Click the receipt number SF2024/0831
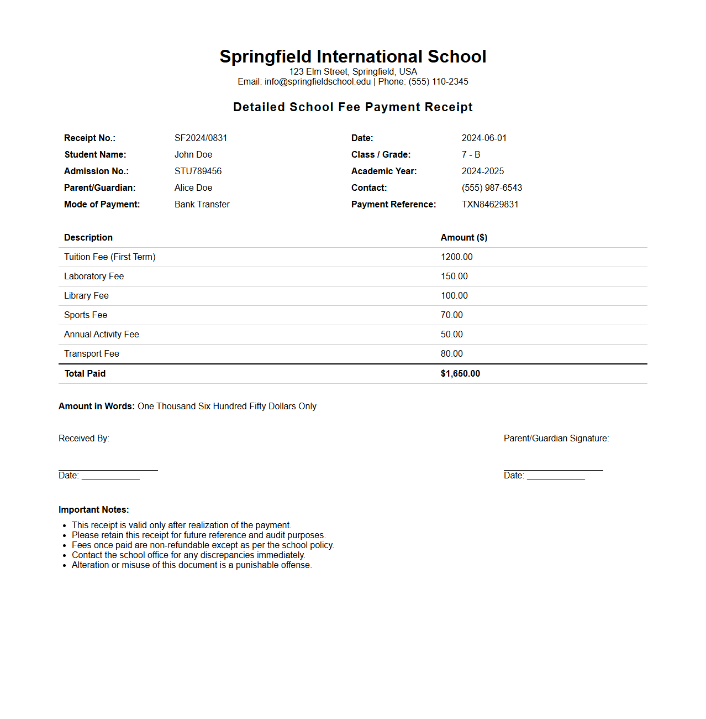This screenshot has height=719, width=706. click(201, 138)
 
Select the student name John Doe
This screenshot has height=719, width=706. click(193, 154)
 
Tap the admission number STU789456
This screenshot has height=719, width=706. click(198, 171)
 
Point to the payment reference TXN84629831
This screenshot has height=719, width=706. click(490, 204)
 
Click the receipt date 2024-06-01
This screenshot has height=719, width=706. click(484, 138)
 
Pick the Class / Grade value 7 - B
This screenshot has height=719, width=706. click(471, 154)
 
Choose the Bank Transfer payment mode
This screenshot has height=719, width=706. click(202, 204)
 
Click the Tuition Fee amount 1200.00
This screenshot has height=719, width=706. click(456, 257)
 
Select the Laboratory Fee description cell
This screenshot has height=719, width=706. click(94, 276)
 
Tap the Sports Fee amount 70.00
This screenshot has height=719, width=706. click(451, 315)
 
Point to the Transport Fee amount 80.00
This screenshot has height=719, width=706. click(451, 353)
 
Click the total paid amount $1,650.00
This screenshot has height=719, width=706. click(460, 373)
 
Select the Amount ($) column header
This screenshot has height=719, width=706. click(463, 237)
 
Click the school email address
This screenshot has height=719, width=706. click(318, 81)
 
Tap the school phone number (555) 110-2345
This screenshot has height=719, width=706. click(438, 81)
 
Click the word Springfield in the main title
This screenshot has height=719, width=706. click(265, 56)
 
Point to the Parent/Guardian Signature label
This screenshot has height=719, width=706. click(556, 438)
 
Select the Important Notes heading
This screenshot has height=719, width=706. click(93, 509)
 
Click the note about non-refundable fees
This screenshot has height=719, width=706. click(203, 545)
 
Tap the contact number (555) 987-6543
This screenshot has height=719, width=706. click(492, 187)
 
